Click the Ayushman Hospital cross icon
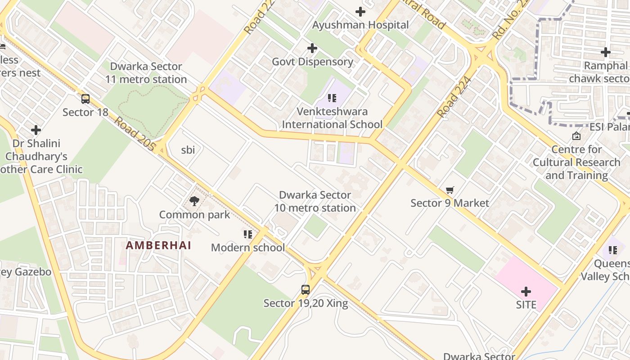click(360, 12)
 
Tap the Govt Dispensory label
click(312, 62)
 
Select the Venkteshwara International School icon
click(332, 98)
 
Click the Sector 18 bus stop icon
click(85, 99)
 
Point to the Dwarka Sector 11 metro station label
click(146, 73)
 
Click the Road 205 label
click(135, 134)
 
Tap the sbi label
click(188, 150)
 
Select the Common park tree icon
click(194, 201)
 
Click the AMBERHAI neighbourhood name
click(158, 246)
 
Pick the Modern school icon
click(247, 234)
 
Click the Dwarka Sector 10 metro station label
click(315, 202)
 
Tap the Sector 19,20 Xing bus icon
click(306, 290)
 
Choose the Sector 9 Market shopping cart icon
click(450, 190)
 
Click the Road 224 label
click(454, 97)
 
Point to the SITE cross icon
click(526, 292)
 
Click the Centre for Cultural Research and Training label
click(576, 162)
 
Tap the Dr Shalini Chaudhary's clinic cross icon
click(36, 130)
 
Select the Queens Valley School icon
click(612, 250)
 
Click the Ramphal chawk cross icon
click(606, 52)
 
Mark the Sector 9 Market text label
click(450, 203)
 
